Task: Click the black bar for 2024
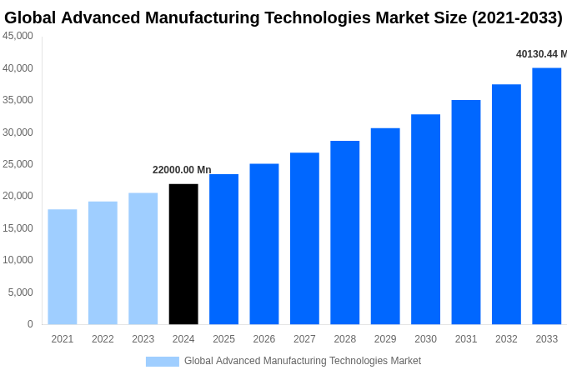[x=183, y=254]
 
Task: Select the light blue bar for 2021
[x=63, y=267]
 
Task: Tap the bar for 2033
[x=547, y=196]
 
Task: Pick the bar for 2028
[x=344, y=232]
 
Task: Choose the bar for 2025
[x=223, y=249]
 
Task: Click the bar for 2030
[x=425, y=219]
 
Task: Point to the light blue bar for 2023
[x=143, y=258]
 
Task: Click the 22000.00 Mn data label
[x=182, y=170]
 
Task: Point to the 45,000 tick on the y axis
[x=18, y=36]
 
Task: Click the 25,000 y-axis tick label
[x=18, y=164]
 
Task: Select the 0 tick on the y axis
[x=30, y=324]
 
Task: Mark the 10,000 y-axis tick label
[x=18, y=260]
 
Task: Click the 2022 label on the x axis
[x=103, y=339]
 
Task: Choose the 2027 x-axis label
[x=304, y=339]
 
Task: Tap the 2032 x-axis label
[x=506, y=339]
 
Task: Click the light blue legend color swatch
[x=162, y=362]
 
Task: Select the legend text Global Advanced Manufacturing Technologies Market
[x=303, y=361]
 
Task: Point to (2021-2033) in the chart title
[x=517, y=17]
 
